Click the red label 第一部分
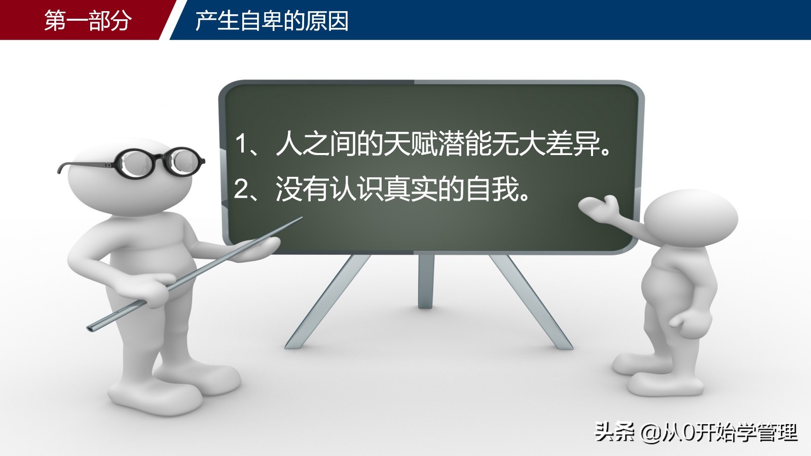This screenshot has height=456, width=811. click(88, 20)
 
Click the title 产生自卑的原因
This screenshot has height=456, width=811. click(272, 21)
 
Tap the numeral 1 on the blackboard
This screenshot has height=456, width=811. click(241, 144)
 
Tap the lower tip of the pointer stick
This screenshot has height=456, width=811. click(89, 328)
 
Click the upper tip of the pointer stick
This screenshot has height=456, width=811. click(301, 218)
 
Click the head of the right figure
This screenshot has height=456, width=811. click(690, 218)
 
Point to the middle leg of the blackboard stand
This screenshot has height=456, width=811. click(425, 282)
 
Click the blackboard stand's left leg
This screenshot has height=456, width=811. click(327, 301)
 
